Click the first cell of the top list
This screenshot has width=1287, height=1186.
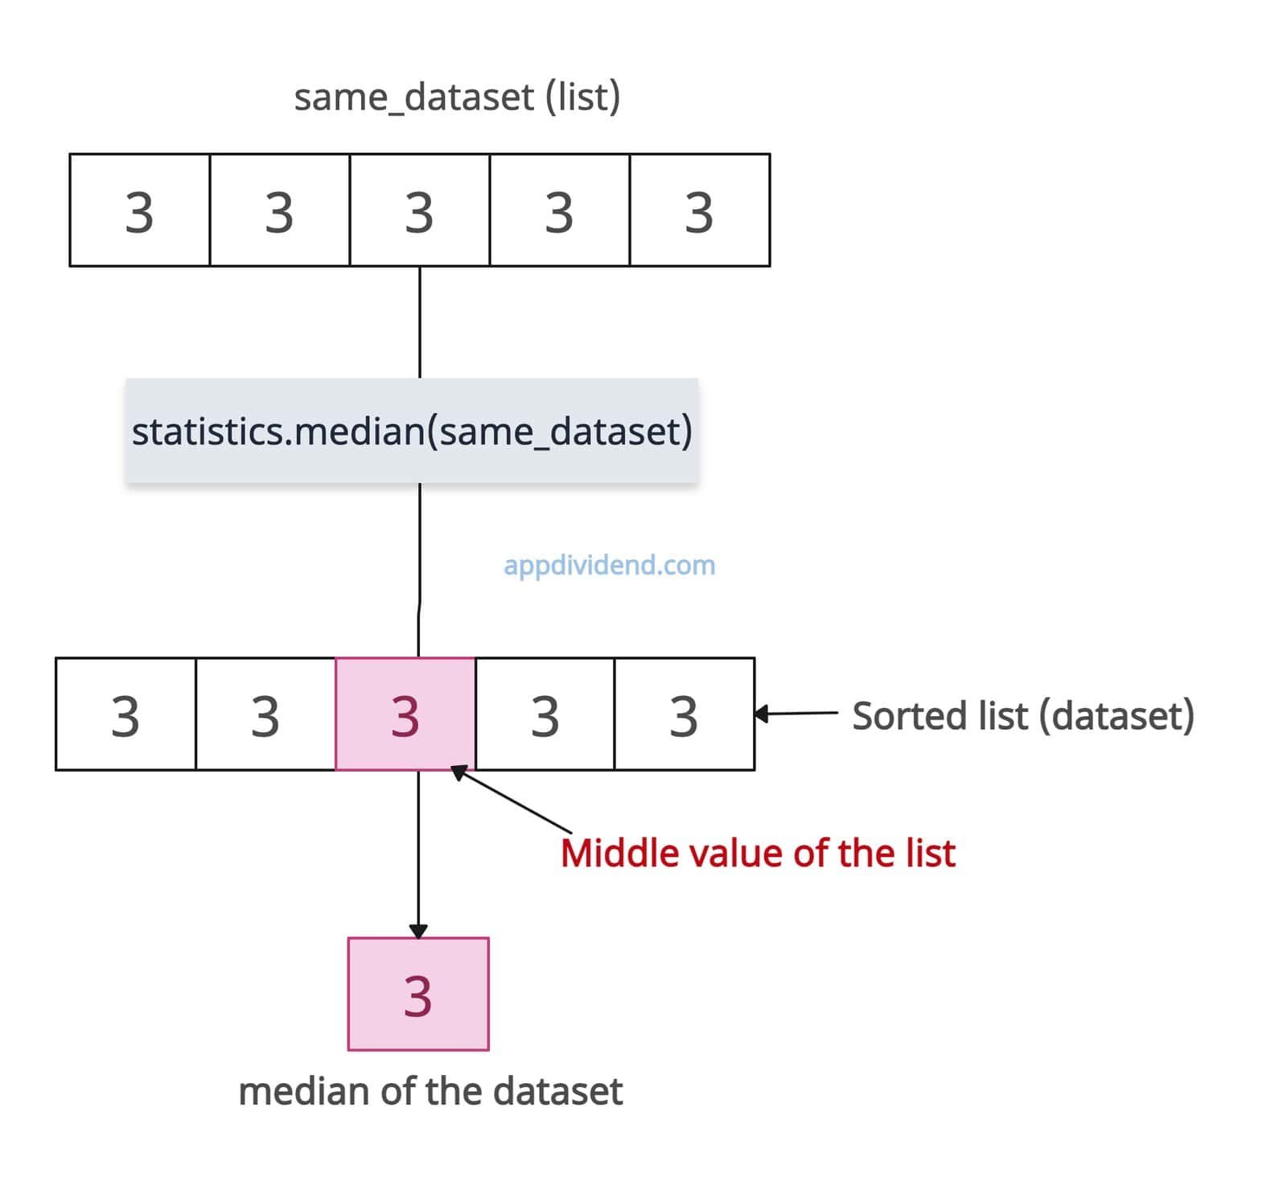[140, 210]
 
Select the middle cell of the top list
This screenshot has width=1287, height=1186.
[420, 210]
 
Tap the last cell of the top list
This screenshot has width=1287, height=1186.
[700, 210]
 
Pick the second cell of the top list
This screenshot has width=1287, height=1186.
[280, 210]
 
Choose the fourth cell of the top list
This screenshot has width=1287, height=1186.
[560, 210]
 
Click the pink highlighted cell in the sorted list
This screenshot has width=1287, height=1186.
[405, 714]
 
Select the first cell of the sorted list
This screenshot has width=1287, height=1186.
[125, 714]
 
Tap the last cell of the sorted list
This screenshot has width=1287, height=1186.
[685, 714]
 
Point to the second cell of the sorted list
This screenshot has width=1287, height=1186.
[265, 714]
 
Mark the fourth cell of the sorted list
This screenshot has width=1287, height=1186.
[545, 714]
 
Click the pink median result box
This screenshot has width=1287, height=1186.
[418, 994]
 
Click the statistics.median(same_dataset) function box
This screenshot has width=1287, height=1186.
[412, 430]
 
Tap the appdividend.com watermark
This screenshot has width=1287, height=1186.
[609, 565]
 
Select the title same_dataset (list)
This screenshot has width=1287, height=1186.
[457, 97]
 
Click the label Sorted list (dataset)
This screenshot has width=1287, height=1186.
[1023, 715]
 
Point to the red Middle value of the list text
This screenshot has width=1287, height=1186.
[758, 853]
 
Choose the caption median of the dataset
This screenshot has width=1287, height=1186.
[430, 1091]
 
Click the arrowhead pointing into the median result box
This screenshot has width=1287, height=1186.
[418, 931]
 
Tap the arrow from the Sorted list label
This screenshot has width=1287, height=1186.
[796, 713]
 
